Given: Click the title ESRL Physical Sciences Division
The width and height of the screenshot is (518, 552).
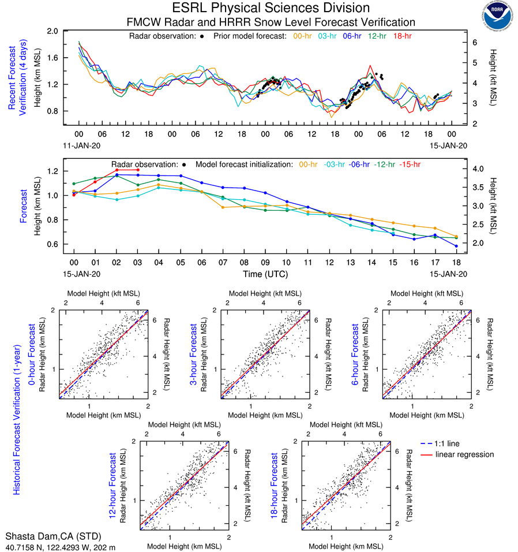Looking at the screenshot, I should [x=271, y=8].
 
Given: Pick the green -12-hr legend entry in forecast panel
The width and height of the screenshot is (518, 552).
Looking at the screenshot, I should [x=385, y=164].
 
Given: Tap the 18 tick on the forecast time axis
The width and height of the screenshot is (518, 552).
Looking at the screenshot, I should [x=456, y=263].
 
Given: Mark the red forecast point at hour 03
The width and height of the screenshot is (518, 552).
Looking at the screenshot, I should [x=138, y=170].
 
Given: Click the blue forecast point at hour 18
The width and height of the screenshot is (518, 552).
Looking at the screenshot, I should [x=456, y=246].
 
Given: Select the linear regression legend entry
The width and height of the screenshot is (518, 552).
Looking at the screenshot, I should [x=464, y=454].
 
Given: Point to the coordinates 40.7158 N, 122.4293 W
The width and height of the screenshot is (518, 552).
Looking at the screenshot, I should [x=61, y=546].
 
